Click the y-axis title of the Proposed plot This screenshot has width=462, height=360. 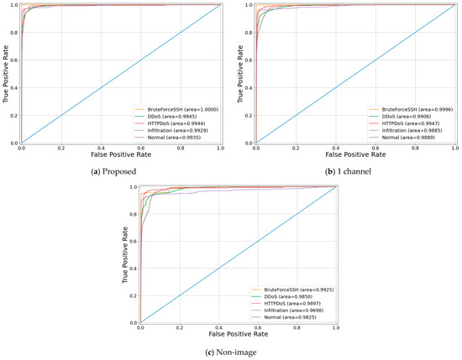click(x=6, y=74)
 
